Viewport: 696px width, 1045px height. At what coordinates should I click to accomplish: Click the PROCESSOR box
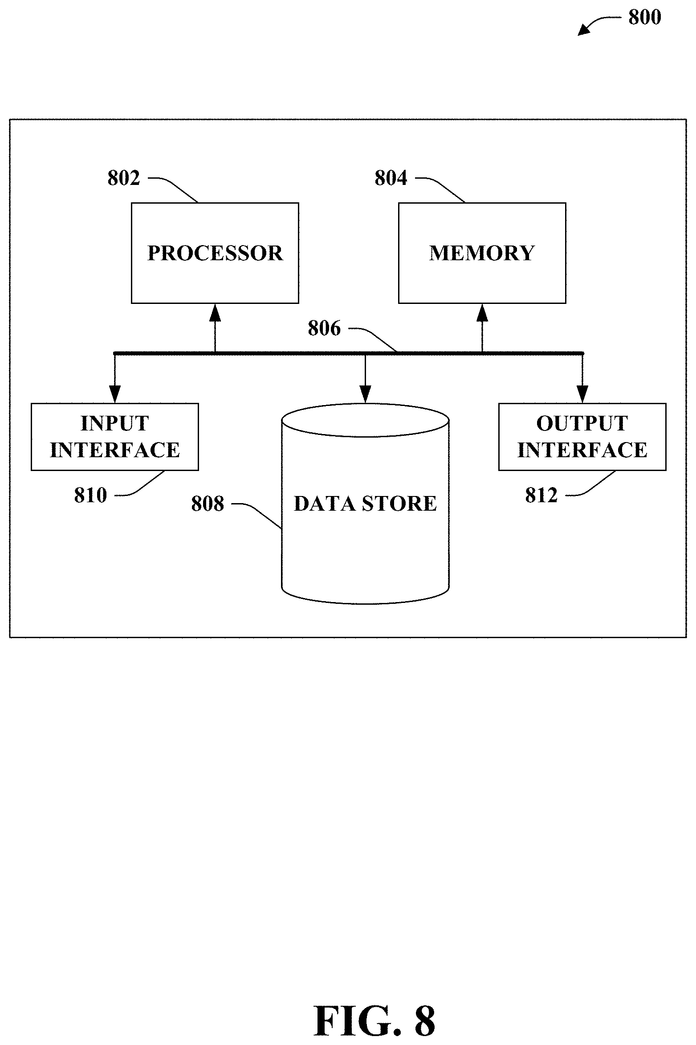(x=215, y=253)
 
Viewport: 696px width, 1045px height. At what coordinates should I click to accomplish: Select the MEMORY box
(x=482, y=253)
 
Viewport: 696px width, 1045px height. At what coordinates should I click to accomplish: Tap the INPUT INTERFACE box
(x=115, y=437)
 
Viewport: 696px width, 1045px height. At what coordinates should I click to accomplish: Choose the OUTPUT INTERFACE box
(x=582, y=437)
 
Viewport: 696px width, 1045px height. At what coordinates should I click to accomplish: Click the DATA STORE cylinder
(x=365, y=504)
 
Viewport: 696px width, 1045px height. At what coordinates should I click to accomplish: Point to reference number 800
(x=644, y=17)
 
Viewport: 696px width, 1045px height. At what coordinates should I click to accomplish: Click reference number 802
(x=124, y=178)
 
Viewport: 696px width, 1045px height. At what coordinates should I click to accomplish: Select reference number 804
(x=391, y=178)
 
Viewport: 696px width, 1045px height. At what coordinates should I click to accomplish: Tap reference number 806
(x=324, y=328)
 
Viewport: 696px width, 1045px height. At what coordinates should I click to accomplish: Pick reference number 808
(x=208, y=504)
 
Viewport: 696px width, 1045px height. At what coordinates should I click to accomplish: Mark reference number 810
(x=90, y=495)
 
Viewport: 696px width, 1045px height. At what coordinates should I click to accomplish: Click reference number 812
(x=541, y=495)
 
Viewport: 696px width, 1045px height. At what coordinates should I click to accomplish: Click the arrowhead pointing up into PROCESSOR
(x=215, y=312)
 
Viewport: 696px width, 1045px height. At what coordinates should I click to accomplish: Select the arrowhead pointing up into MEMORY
(x=482, y=312)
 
